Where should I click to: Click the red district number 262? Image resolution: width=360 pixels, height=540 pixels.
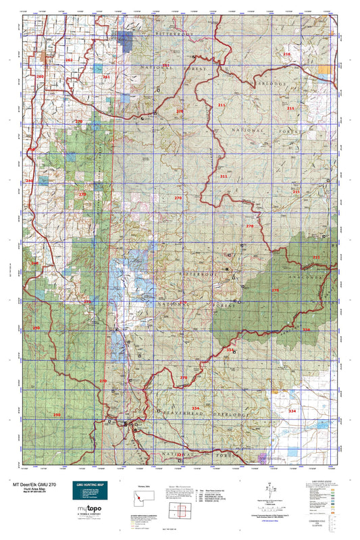tap(69, 60)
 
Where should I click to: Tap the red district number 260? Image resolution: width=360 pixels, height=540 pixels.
tap(40, 77)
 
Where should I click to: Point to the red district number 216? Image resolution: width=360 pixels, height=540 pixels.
tap(286, 54)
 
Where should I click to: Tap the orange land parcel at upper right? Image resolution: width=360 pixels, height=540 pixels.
tap(326, 69)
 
